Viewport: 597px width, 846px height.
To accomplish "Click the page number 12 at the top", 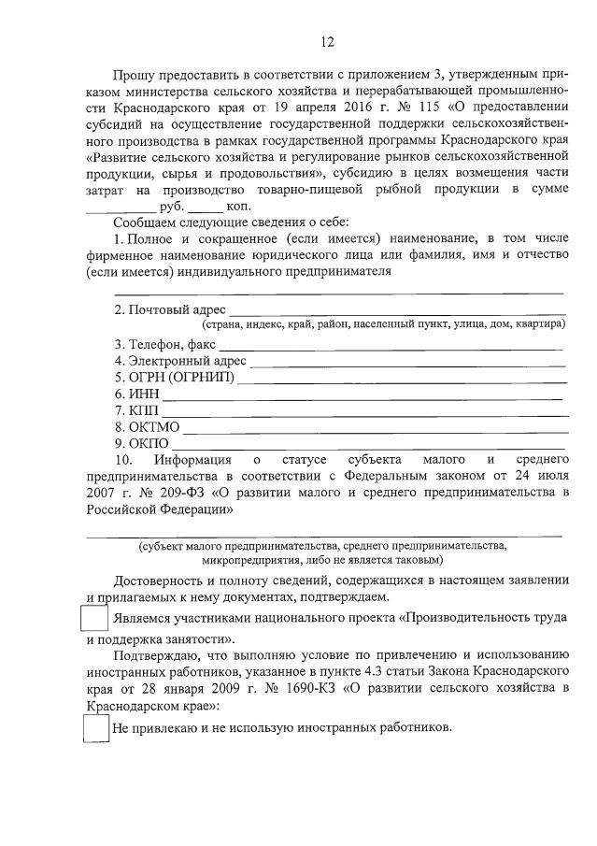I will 327,41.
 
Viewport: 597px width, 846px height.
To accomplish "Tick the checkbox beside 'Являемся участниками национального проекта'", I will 93,620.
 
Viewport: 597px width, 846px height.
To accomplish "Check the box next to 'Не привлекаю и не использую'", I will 96,727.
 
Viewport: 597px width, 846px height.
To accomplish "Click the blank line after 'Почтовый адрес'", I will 397,309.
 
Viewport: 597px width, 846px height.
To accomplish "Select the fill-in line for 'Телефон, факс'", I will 392,346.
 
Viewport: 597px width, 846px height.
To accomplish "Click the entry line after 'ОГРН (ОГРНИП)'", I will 402,379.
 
